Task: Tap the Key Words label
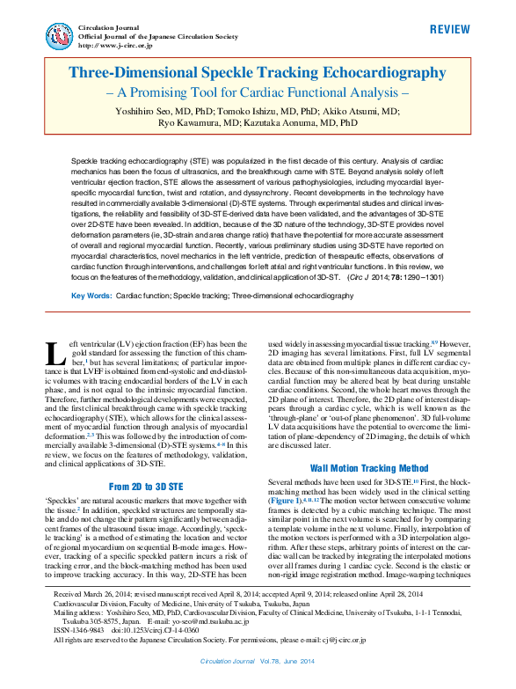click(91, 297)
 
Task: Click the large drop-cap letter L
click(55, 354)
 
